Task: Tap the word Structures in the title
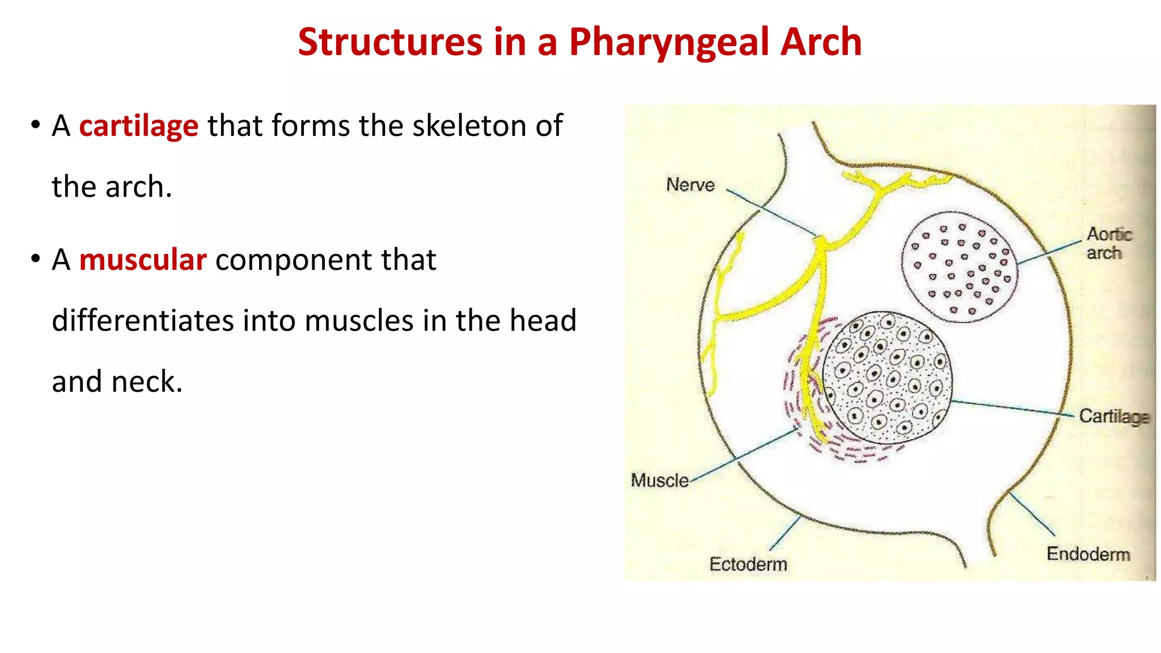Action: click(x=390, y=43)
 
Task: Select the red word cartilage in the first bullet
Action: click(x=138, y=126)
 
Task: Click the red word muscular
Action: click(x=142, y=260)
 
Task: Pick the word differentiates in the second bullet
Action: click(x=142, y=321)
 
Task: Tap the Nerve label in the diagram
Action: click(x=690, y=185)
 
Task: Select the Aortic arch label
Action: click(x=1108, y=243)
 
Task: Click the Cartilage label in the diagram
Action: click(x=1113, y=417)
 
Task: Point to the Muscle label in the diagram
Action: click(x=659, y=481)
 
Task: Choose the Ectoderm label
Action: click(x=748, y=565)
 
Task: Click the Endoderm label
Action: click(x=1088, y=554)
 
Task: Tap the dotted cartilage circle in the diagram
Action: click(x=887, y=378)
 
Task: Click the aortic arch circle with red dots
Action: click(x=959, y=267)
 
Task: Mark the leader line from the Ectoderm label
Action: click(x=785, y=533)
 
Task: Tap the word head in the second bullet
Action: click(x=543, y=321)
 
